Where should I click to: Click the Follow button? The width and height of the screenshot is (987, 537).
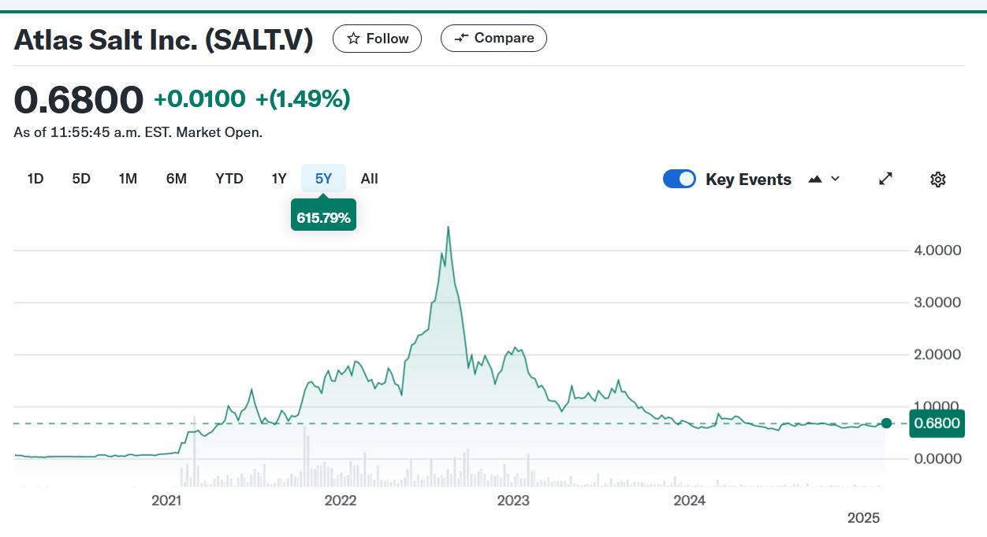pos(377,39)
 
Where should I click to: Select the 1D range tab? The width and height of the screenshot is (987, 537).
pos(35,179)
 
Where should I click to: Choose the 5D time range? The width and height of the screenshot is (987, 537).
pos(81,179)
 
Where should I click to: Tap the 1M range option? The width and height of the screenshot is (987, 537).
pos(128,179)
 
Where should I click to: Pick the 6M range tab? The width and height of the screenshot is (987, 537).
pos(177,179)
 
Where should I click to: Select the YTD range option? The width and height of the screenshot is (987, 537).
pos(229,179)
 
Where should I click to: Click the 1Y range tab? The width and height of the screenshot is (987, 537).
pos(279,179)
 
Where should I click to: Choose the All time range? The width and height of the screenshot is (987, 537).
pos(369,179)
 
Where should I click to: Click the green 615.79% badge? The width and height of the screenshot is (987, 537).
pos(323,217)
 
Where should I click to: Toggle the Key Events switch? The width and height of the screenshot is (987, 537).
pos(680,180)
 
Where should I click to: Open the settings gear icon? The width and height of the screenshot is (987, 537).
pos(937,180)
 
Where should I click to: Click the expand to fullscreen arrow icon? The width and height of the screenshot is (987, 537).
pos(885,180)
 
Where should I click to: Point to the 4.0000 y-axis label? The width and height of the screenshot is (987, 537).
pos(936,250)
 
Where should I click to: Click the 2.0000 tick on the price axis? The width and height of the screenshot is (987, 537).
pos(936,354)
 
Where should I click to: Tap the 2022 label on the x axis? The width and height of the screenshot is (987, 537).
pos(341,500)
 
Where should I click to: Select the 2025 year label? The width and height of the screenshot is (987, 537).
pos(863,518)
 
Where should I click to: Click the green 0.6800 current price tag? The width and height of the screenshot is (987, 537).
pos(937,424)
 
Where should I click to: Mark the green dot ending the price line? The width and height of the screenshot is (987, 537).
pos(886,424)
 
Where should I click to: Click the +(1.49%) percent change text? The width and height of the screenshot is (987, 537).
pos(303,99)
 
